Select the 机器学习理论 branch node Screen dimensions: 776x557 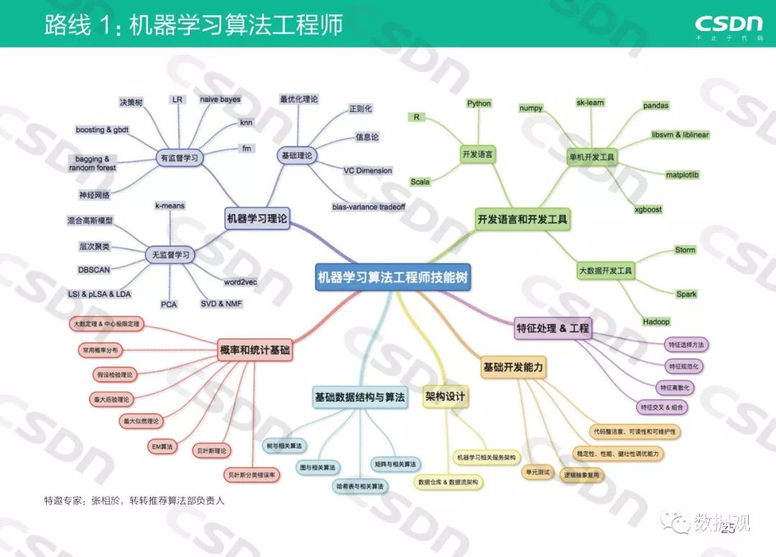[257, 219]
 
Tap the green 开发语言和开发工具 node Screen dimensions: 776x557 [523, 219]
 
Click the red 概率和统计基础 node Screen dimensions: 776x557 [254, 350]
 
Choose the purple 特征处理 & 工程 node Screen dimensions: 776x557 [553, 328]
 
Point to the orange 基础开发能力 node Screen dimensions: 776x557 [513, 367]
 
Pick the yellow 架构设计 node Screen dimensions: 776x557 [445, 396]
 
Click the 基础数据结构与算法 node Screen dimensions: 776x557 [359, 397]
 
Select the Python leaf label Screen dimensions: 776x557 [479, 103]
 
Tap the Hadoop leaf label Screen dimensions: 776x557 [655, 321]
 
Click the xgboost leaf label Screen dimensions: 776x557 [647, 209]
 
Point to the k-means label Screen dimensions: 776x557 [170, 206]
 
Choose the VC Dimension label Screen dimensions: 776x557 [368, 170]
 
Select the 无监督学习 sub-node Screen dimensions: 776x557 [170, 254]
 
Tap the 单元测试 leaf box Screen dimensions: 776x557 [537, 471]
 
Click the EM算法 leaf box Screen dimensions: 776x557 [161, 446]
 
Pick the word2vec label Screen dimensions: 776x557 [241, 282]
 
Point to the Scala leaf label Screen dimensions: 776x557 [420, 182]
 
